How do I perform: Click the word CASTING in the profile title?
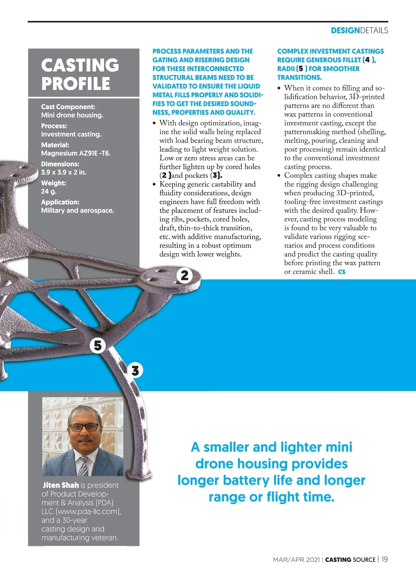80,65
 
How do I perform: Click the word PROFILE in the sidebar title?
76,83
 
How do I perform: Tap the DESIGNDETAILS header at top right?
359,30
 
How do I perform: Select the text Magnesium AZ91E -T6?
76,153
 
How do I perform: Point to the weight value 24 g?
49,191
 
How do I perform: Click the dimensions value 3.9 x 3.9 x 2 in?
64,172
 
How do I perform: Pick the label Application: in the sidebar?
60,202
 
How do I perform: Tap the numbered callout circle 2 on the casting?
185,276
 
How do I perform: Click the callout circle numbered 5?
98,345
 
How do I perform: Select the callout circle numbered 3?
135,370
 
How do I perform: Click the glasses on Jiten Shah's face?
85,427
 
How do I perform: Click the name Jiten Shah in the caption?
61,485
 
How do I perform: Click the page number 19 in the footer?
384,559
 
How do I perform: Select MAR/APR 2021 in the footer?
296,560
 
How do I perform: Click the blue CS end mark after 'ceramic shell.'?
342,272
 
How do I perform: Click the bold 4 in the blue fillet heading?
367,60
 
